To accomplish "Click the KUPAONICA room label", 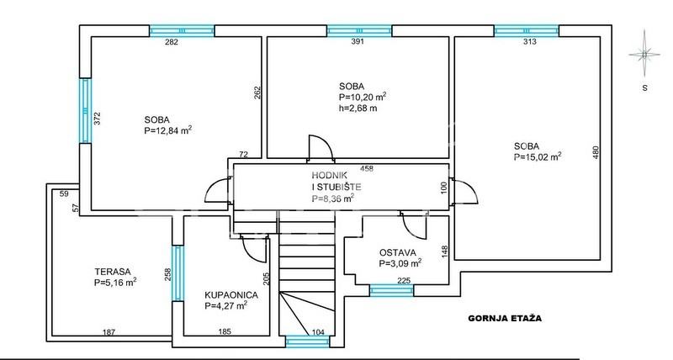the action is click(231, 295).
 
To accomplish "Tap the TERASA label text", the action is click(113, 272).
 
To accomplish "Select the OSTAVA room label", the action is click(397, 252).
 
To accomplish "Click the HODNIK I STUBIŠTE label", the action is click(336, 181).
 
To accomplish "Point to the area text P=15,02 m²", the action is click(538, 157).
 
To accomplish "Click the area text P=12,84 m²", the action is click(167, 130).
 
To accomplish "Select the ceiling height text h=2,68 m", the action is click(358, 109).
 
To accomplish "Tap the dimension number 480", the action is click(596, 153).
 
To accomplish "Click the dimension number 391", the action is click(358, 41).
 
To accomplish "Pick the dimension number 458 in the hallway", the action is click(367, 168).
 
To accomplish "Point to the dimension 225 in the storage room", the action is click(404, 281).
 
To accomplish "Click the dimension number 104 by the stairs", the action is click(318, 331).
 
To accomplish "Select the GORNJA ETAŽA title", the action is click(505, 319).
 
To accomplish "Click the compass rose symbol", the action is click(644, 54).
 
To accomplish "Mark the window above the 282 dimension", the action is click(182, 31).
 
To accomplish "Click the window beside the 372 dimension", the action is click(86, 111).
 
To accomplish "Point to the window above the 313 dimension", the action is click(527, 31).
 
